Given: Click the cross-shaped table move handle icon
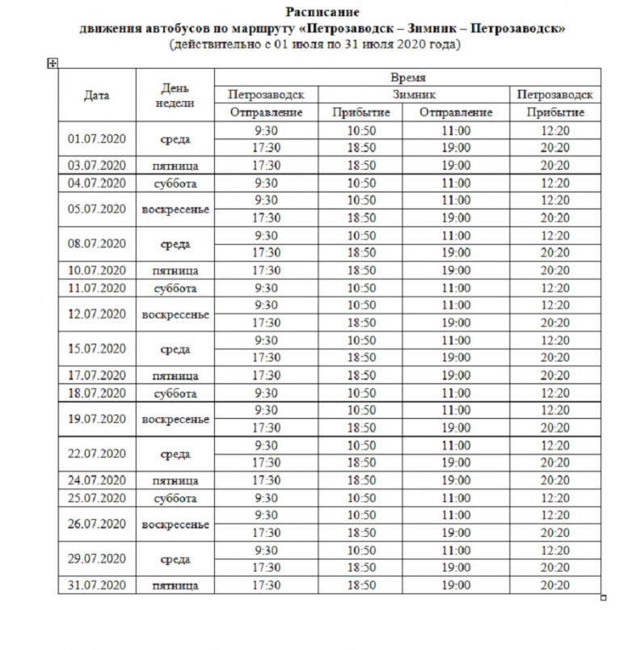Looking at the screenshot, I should coord(53,63).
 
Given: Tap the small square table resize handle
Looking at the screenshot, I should coord(603,597).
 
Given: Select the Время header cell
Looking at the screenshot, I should coord(407,78).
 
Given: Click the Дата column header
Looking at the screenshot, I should coord(97,95).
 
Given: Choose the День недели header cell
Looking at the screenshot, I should coord(175,95).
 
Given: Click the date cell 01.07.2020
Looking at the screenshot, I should coord(97,139).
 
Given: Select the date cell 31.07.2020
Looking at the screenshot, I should coord(97,585).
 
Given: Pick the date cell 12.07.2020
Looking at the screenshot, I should coord(97,314).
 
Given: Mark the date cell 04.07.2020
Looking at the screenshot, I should coord(97,183).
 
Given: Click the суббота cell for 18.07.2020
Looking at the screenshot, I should coord(175,393).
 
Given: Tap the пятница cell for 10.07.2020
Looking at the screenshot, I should coord(175,271).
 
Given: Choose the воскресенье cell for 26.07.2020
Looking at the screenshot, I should coord(175,524).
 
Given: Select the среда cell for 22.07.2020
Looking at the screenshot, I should coord(175,454).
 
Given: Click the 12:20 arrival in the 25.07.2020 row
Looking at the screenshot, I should coord(555,498).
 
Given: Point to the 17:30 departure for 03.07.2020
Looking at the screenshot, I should coord(266,166).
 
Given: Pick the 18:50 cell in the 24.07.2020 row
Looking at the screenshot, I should coord(361,480).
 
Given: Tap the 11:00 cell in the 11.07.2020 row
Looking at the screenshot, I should coord(456,288).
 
